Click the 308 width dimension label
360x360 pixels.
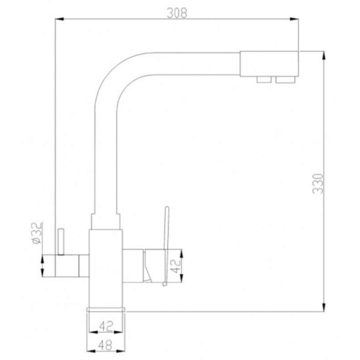[x=177, y=13]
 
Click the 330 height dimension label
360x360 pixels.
[x=318, y=184]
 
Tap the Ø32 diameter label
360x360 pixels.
[x=37, y=233]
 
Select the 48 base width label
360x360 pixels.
[x=105, y=345]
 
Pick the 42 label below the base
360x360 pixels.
[x=106, y=326]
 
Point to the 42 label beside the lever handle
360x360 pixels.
[x=176, y=266]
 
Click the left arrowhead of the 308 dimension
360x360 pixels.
[x=59, y=19]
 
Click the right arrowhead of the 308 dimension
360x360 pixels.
[x=294, y=19]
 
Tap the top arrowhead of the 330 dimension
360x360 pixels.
[x=324, y=55]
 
